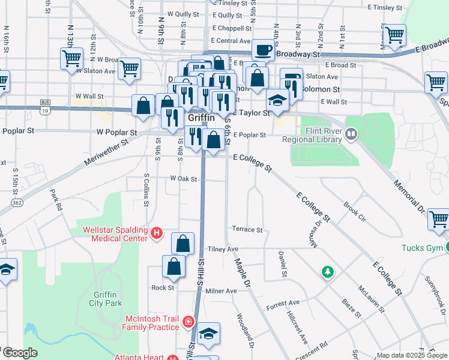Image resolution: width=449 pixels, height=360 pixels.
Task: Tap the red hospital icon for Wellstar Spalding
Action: tap(157, 232)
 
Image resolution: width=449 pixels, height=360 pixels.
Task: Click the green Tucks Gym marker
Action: tap(448, 248)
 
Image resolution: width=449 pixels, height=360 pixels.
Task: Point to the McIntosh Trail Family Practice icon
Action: tap(188, 322)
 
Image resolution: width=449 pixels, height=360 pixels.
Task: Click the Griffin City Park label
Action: tap(108, 298)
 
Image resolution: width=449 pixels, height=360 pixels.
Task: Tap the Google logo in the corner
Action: tap(19, 353)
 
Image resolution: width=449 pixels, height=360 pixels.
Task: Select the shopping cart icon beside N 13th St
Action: tap(71, 59)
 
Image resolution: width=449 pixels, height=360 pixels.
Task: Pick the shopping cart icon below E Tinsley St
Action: tap(394, 35)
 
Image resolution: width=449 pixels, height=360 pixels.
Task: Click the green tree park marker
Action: tap(328, 272)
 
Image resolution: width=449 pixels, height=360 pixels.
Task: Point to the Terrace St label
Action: tap(247, 230)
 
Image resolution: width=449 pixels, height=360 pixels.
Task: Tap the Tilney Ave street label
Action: tap(223, 249)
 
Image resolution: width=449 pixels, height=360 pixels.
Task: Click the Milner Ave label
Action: tap(221, 291)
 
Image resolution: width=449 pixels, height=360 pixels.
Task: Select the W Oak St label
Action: tap(184, 178)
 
